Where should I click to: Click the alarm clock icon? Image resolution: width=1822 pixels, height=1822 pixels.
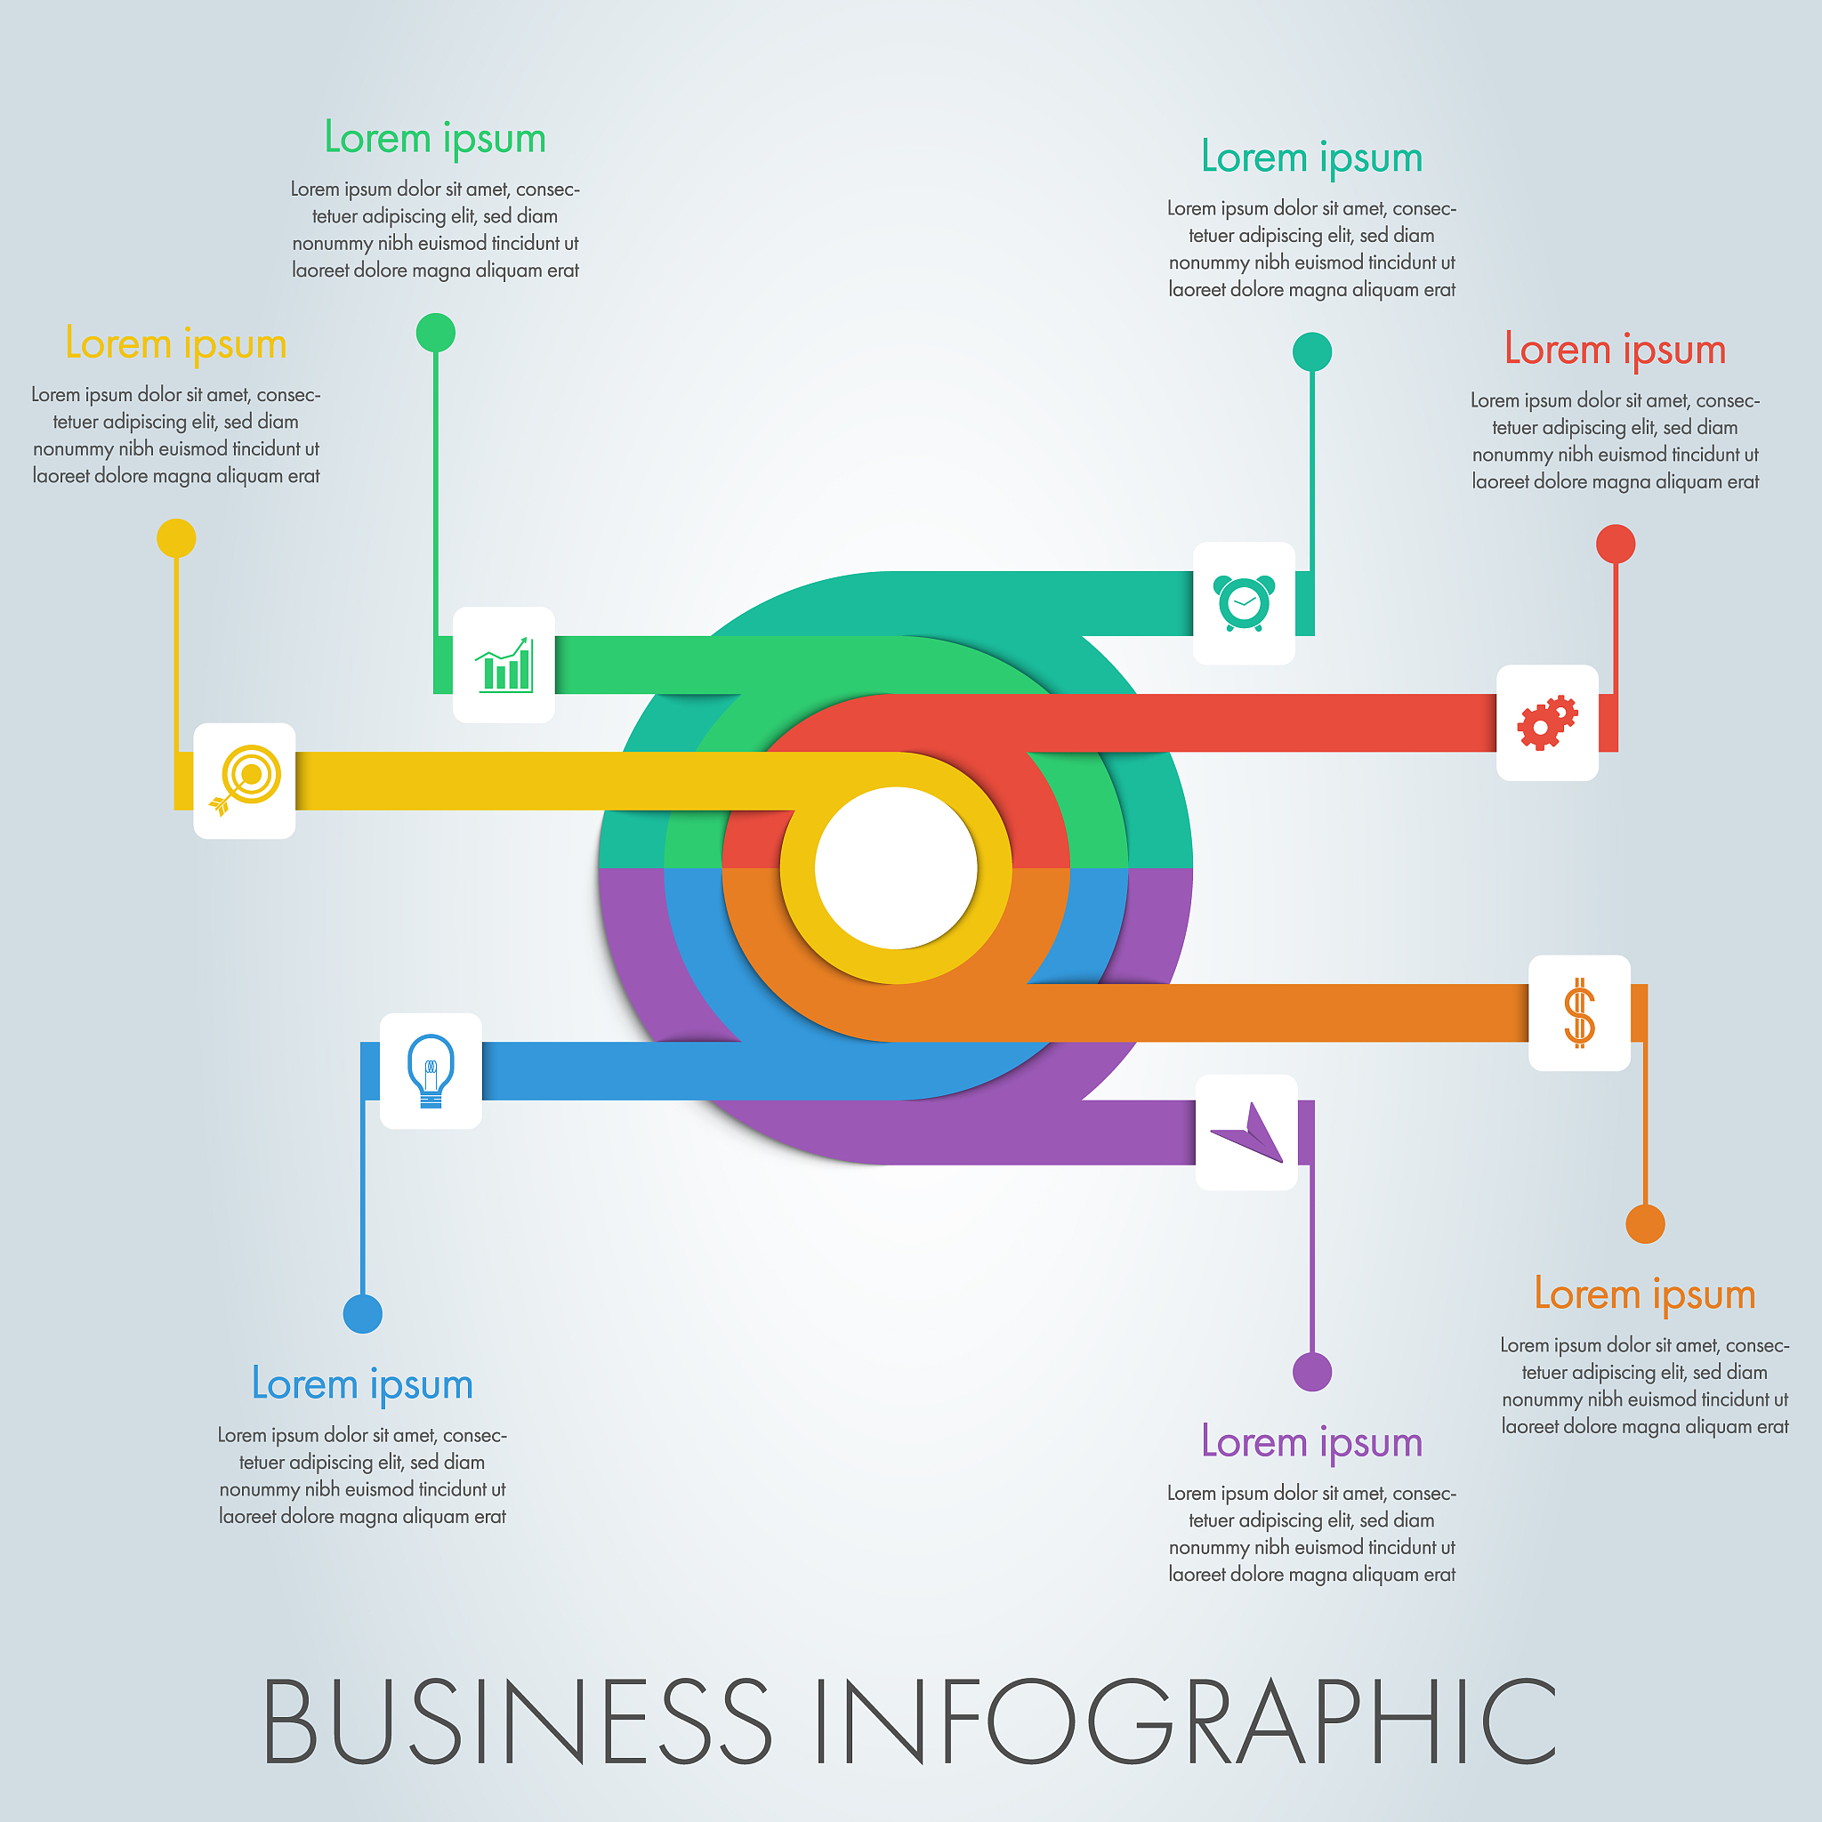tap(1244, 602)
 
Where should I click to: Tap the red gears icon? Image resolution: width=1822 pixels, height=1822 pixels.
tap(1546, 722)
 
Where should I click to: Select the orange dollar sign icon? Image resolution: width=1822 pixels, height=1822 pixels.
tap(1579, 1012)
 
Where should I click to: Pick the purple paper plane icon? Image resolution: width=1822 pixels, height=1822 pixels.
tap(1246, 1132)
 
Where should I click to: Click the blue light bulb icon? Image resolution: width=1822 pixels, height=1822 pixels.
tap(431, 1070)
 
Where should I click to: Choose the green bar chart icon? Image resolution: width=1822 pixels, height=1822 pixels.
tap(504, 665)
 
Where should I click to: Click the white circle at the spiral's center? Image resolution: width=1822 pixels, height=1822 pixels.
tap(896, 867)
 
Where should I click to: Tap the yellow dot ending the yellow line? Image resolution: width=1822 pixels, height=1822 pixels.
tap(176, 538)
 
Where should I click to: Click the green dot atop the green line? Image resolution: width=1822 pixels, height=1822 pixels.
tap(436, 333)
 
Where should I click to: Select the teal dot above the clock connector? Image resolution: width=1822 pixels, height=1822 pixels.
tap(1312, 351)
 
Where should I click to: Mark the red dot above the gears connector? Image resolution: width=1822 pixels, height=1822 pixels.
tap(1616, 544)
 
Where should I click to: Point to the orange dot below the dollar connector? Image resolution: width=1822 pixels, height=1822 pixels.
tap(1646, 1224)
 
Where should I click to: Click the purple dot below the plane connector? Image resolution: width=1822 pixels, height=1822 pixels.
tap(1312, 1372)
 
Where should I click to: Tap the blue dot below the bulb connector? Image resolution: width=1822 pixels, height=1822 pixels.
tap(363, 1314)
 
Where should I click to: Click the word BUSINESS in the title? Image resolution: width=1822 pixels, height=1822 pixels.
tap(517, 1722)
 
